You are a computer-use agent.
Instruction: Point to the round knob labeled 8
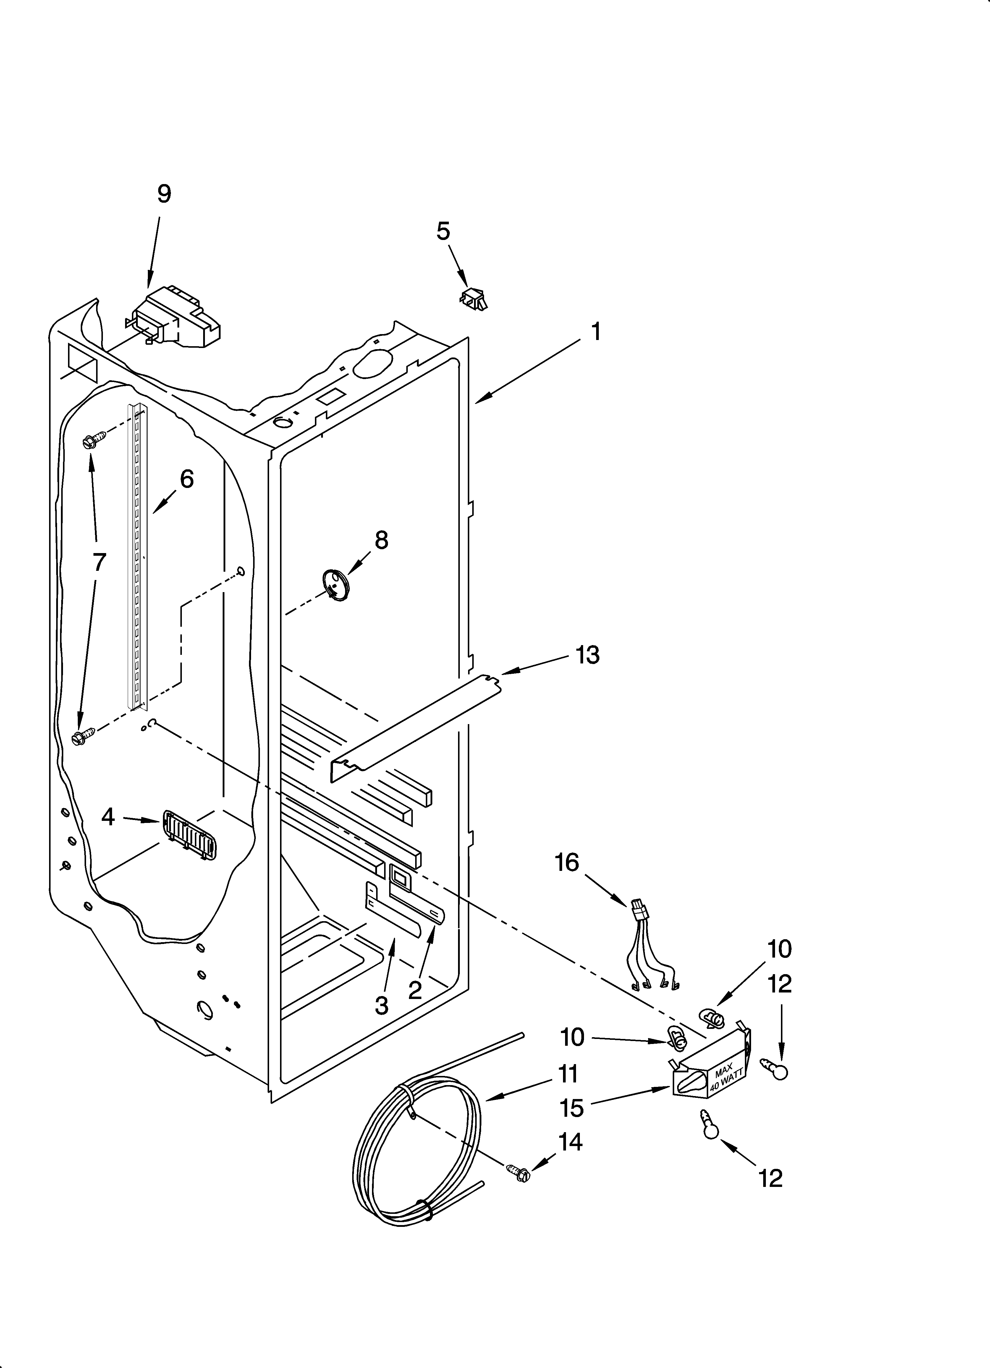(336, 584)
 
